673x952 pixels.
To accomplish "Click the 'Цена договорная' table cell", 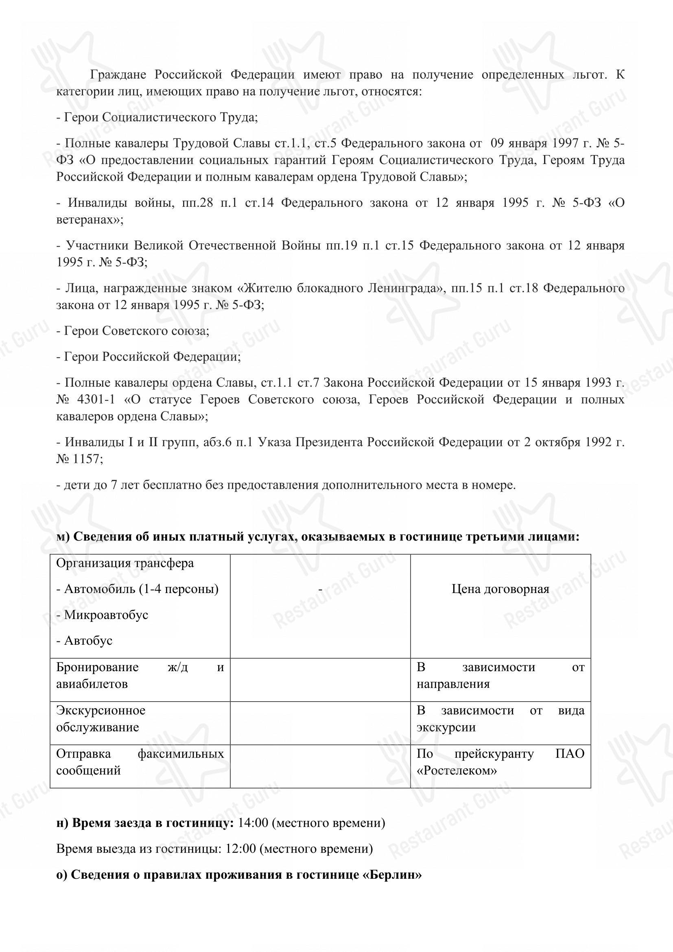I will (500, 589).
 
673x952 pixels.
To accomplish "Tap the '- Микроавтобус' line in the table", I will (102, 615).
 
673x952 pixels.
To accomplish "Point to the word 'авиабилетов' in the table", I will (92, 684).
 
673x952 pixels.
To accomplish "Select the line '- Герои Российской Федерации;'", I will (149, 357).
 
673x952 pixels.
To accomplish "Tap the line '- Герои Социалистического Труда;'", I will (157, 117).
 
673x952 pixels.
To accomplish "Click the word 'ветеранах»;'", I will (90, 220).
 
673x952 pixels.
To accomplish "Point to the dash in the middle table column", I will (320, 589).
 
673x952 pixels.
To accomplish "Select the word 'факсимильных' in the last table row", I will (181, 754).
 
